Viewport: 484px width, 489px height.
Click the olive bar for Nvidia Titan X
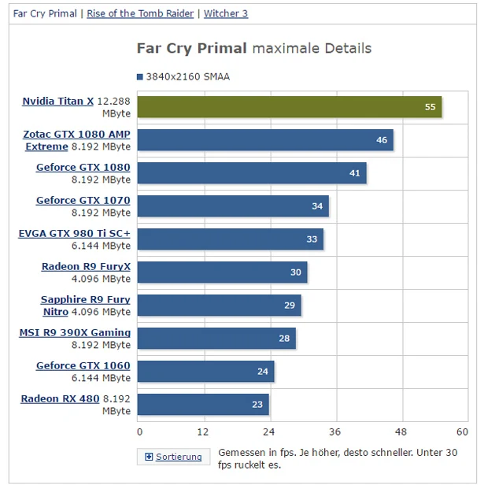(289, 107)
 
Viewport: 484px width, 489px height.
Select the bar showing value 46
(265, 140)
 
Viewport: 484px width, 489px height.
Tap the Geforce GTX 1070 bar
(233, 206)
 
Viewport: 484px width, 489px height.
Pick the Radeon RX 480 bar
(203, 404)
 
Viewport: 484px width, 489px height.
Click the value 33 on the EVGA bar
(311, 239)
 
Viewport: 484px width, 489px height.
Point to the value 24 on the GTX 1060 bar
(262, 371)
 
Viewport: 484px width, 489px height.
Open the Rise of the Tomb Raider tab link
(141, 13)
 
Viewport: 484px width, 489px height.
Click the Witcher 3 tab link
(225, 13)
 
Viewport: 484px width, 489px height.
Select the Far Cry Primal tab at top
(45, 13)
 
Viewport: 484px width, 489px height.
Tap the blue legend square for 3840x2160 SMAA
(140, 77)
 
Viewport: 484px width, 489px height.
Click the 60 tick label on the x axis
(462, 432)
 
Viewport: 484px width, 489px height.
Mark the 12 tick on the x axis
(204, 432)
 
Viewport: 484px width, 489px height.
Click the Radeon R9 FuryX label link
(86, 267)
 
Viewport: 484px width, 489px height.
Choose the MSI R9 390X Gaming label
(75, 333)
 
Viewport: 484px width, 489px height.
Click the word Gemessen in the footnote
(240, 452)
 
